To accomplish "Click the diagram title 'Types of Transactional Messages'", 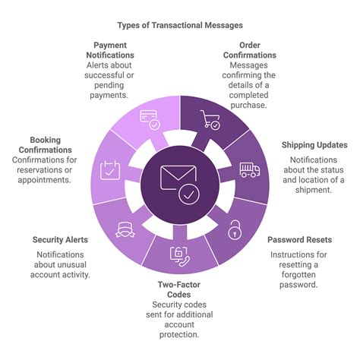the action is click(x=180, y=25).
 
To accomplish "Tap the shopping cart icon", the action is click(x=210, y=120).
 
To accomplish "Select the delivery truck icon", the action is click(x=250, y=170).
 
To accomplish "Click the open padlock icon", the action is click(x=235, y=230).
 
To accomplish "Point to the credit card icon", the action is click(x=150, y=120).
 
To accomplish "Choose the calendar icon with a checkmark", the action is click(x=110, y=170).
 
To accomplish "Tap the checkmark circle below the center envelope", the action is click(x=189, y=194).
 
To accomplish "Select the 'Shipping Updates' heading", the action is click(x=314, y=145).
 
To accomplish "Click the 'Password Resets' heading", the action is click(x=299, y=240).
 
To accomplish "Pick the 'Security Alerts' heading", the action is click(x=60, y=240).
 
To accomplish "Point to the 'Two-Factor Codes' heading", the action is click(x=179, y=289).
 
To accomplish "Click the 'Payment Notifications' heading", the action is click(x=110, y=50).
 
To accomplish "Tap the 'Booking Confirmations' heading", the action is click(x=45, y=145).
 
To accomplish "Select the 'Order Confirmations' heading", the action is click(x=250, y=50).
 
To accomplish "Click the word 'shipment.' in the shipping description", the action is click(x=314, y=190).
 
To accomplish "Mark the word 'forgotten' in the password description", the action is click(x=298, y=275).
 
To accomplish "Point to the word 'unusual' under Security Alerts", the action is click(x=60, y=265).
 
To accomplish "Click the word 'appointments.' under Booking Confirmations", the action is click(x=44, y=180).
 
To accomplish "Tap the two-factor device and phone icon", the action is click(x=179, y=257).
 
